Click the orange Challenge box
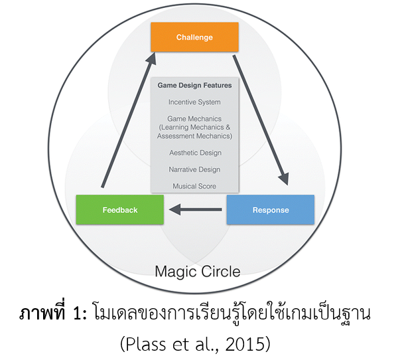point(194,37)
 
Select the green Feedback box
point(120,210)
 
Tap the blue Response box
point(270,210)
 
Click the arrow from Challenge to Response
point(263,120)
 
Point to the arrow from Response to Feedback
point(195,210)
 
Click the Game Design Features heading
point(194,86)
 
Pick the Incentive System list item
point(194,102)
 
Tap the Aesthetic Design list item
point(194,153)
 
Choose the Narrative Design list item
point(194,169)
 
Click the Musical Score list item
point(194,186)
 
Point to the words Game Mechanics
point(194,119)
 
